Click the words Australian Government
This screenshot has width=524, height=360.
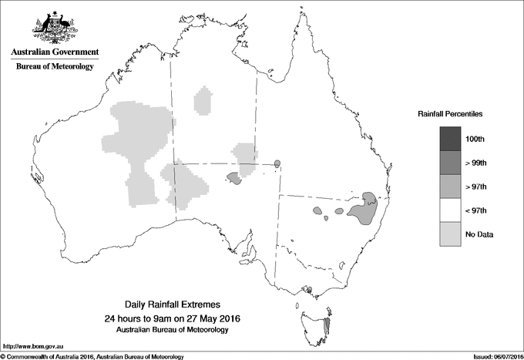click(x=55, y=52)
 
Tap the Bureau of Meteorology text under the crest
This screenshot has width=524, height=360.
click(x=55, y=67)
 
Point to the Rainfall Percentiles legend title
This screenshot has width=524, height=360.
click(x=450, y=114)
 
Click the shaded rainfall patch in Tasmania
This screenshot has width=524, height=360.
click(x=329, y=326)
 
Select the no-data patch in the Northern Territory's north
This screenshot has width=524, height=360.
click(x=203, y=100)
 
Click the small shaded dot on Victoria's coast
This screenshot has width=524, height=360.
click(x=308, y=291)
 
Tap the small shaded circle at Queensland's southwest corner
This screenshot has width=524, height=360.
click(x=277, y=163)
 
